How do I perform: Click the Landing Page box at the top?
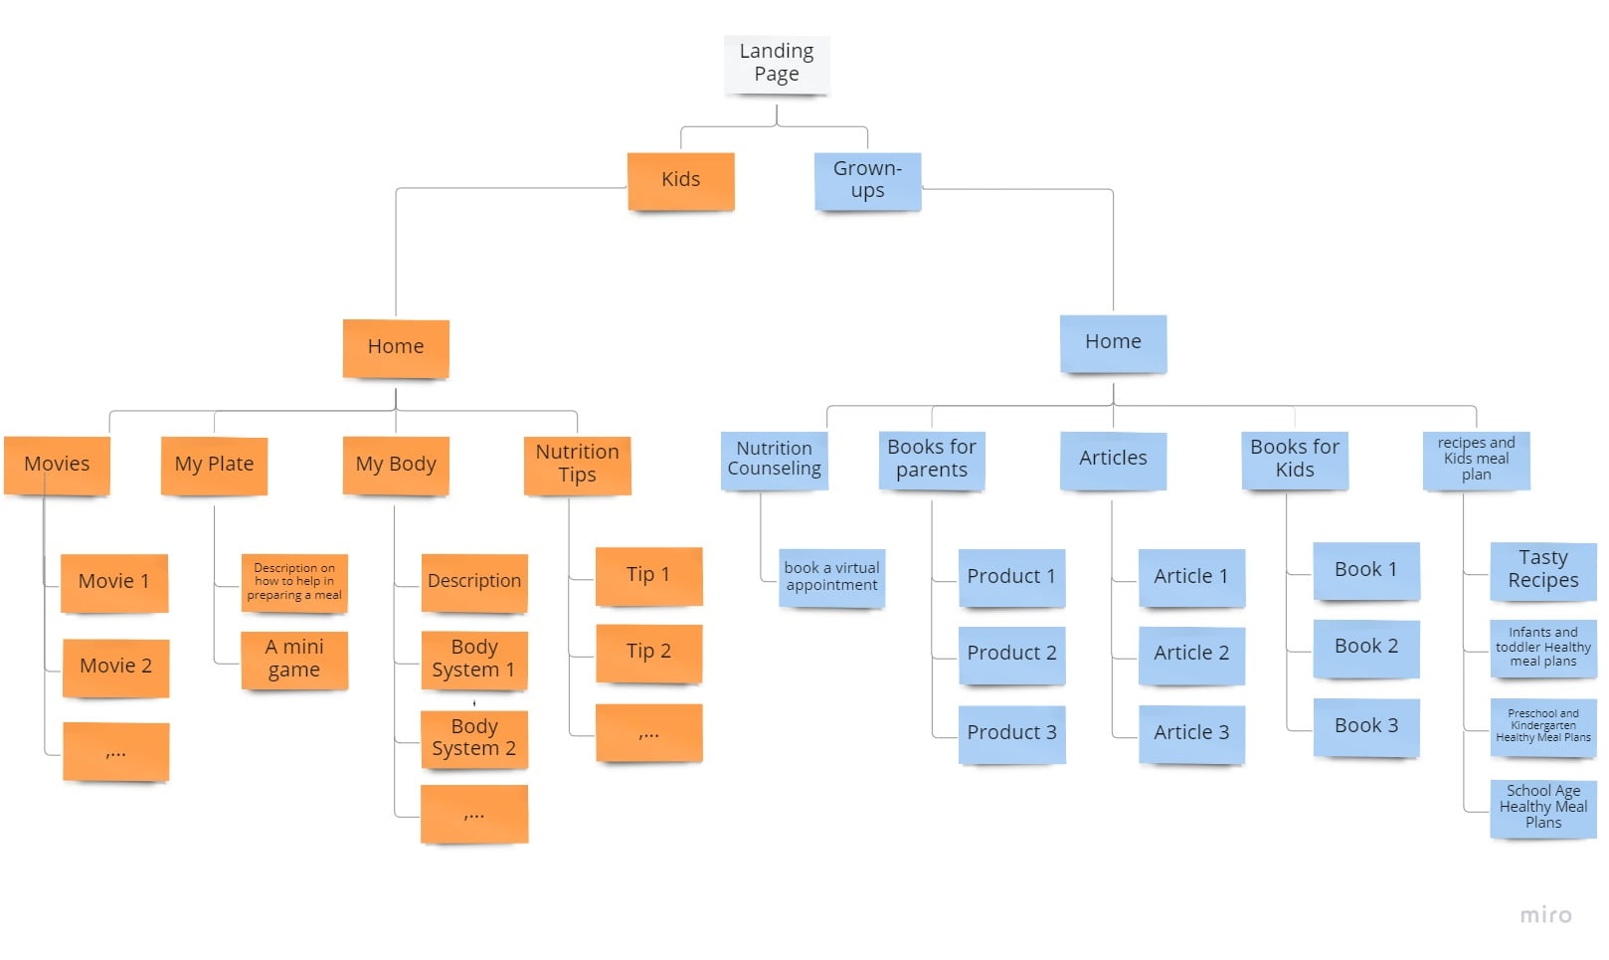click(776, 64)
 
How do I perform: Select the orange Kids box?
click(680, 180)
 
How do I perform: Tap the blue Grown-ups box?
click(867, 180)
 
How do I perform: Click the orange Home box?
click(396, 347)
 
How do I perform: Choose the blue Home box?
click(1113, 342)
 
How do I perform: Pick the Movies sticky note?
click(57, 465)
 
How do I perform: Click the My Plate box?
click(214, 465)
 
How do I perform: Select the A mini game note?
click(294, 659)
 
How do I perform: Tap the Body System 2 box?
click(474, 738)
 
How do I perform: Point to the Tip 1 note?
click(648, 575)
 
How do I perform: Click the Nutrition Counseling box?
click(774, 459)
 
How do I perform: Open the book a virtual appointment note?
click(831, 577)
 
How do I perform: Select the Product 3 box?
click(1011, 733)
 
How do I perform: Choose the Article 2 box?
click(1191, 654)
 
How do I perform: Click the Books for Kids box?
click(1295, 459)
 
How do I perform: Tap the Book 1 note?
click(1365, 570)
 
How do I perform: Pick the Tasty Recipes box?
click(1542, 570)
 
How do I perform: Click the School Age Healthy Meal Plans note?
click(1542, 807)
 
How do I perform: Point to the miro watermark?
click(1545, 915)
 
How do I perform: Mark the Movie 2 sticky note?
click(115, 667)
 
